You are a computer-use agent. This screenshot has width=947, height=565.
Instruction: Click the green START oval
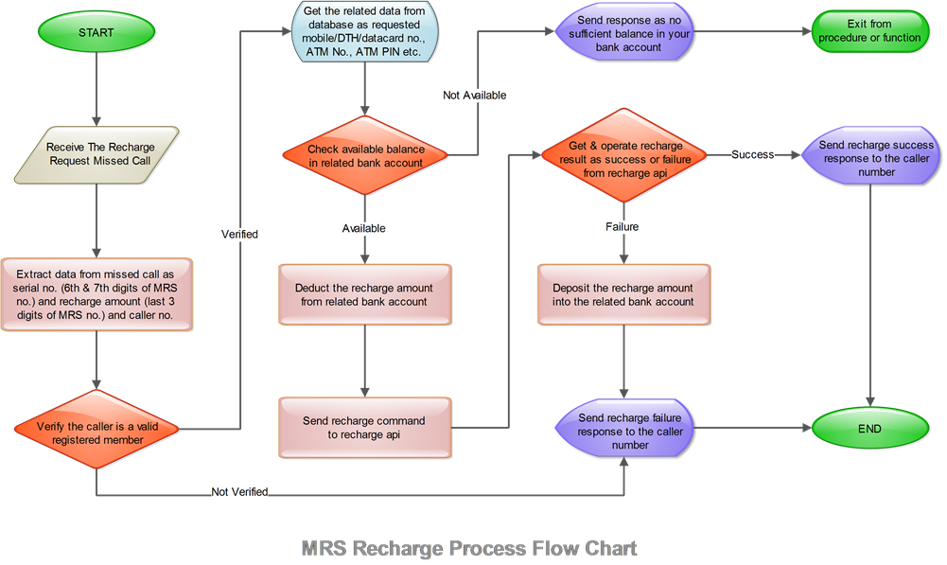coord(97,32)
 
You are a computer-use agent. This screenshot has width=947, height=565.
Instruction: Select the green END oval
coord(869,429)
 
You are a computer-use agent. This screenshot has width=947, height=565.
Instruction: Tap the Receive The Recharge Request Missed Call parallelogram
coord(99,155)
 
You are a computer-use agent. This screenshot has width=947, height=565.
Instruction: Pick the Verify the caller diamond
coord(96,433)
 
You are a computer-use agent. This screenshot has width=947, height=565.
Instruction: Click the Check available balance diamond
coord(365,155)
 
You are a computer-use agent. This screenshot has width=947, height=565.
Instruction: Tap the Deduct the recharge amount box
coord(364,294)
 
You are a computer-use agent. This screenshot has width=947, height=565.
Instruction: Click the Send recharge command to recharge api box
coord(363,427)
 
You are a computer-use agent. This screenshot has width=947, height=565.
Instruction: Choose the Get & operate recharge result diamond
coord(623,154)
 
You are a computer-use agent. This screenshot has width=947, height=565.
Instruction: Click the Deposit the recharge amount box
coord(623,294)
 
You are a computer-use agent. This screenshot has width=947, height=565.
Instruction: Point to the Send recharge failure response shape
coord(623,431)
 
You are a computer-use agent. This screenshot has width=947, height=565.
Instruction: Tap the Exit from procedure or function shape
coord(868,31)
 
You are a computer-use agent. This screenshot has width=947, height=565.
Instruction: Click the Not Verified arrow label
coord(239,492)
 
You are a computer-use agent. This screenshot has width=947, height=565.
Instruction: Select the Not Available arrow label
coord(475,96)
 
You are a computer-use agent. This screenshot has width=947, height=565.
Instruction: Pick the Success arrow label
coord(753,154)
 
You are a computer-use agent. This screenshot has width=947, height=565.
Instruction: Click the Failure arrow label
coord(623,227)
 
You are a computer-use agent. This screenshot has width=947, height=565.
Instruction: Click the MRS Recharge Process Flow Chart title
coord(469,548)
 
